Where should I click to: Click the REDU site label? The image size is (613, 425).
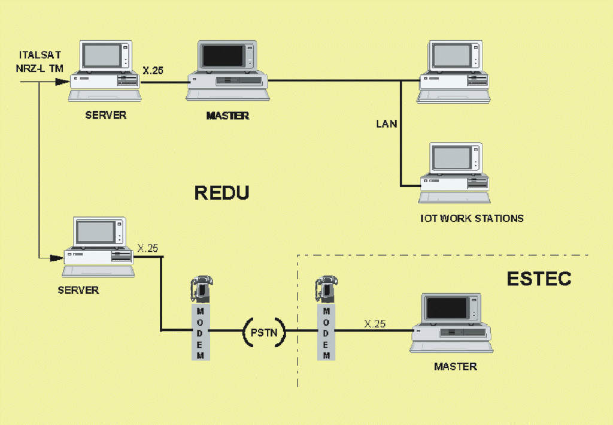[x=221, y=193]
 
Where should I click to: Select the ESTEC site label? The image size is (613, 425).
[x=539, y=279]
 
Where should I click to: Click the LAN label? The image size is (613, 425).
[x=386, y=124]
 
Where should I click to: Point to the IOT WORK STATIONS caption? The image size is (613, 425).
[x=472, y=218]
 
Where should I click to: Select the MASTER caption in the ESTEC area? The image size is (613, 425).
[x=456, y=366]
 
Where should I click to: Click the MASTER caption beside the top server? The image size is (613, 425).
[x=227, y=116]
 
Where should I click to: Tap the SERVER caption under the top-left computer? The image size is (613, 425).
[x=105, y=115]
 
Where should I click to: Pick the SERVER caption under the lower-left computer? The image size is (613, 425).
[x=78, y=290]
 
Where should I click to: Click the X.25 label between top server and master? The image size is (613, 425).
[x=153, y=71]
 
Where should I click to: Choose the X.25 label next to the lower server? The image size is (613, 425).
[x=148, y=248]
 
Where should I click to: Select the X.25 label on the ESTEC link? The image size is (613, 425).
[x=375, y=324]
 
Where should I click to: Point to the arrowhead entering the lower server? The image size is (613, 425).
[x=56, y=258]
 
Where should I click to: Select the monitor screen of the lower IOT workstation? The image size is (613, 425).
[x=452, y=158]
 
